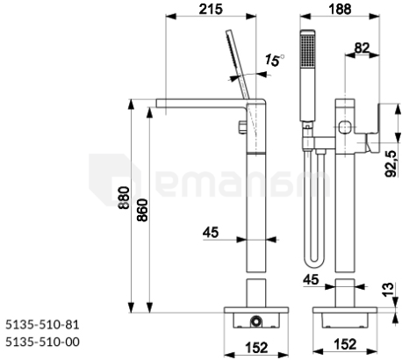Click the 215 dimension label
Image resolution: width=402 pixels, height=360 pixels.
pyautogui.click(x=211, y=9)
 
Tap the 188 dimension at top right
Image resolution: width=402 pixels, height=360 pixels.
pyautogui.click(x=340, y=9)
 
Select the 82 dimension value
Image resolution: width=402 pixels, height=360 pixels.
pyautogui.click(x=362, y=47)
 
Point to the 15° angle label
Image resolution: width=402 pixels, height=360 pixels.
pyautogui.click(x=275, y=60)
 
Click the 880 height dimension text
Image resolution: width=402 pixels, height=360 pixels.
pyautogui.click(x=124, y=198)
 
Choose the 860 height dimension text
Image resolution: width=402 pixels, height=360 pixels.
pyautogui.click(x=143, y=210)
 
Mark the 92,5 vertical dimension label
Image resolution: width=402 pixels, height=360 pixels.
pyautogui.click(x=391, y=164)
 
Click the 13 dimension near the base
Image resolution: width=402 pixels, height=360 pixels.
pyautogui.click(x=388, y=290)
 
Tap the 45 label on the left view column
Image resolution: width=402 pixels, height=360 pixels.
pyautogui.click(x=211, y=233)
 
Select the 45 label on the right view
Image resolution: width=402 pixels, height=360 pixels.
pyautogui.click(x=311, y=280)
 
